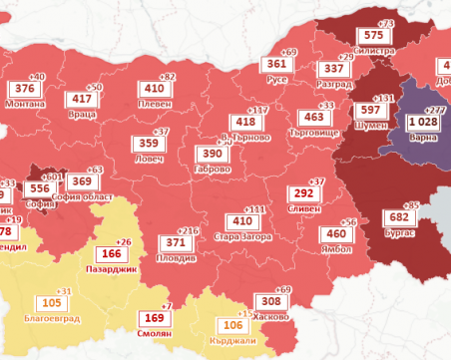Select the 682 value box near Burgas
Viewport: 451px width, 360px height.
coord(398,217)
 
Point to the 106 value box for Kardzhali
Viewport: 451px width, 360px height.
coord(231,324)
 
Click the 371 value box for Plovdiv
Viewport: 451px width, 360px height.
coord(176,242)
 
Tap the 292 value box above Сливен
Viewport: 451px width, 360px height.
coord(301,193)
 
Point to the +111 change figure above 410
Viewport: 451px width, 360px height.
coord(255,209)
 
